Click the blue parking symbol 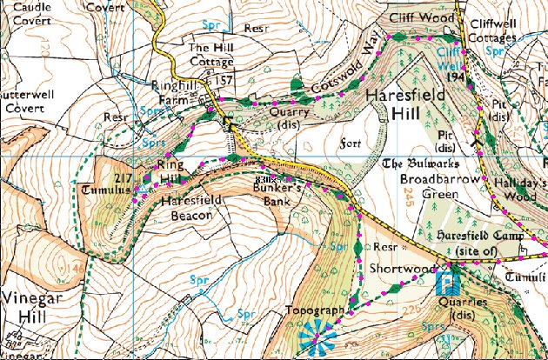tap(446, 283)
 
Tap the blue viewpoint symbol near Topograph tap(313, 336)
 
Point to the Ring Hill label tap(170, 171)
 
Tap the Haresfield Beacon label tap(187, 207)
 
